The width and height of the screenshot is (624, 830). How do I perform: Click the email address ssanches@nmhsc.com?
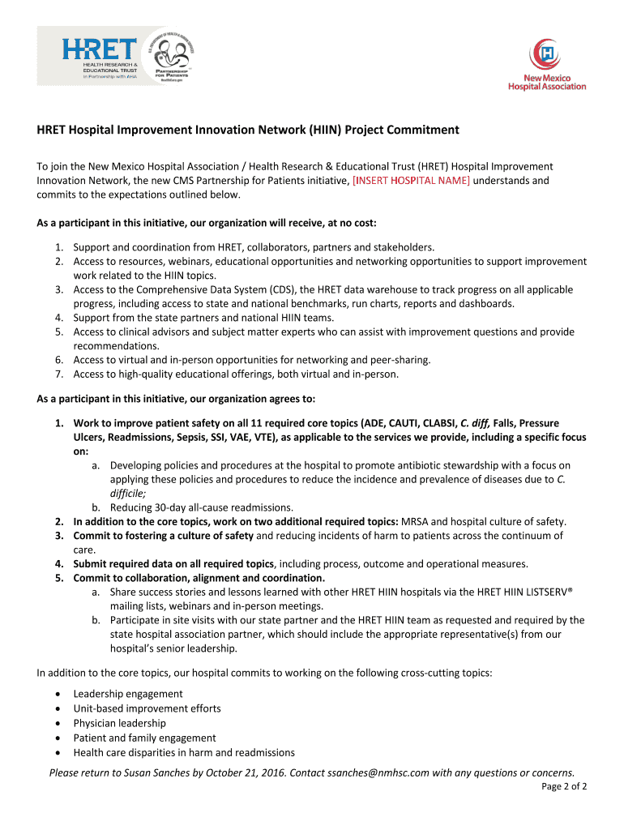pyautogui.click(x=378, y=772)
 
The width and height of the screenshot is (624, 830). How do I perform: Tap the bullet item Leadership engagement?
pyautogui.click(x=128, y=694)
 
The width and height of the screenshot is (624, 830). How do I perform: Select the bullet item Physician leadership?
pyautogui.click(x=120, y=723)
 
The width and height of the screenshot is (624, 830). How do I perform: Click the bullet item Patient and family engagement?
pyautogui.click(x=144, y=738)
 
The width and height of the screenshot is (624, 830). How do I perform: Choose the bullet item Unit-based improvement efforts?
pyautogui.click(x=147, y=708)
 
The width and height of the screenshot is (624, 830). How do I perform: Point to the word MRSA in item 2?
pyautogui.click(x=417, y=521)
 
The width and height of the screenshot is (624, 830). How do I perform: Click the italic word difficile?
pyautogui.click(x=128, y=493)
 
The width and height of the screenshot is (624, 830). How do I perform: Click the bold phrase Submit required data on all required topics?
pyautogui.click(x=174, y=563)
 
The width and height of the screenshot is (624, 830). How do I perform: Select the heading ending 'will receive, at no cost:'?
pyautogui.click(x=207, y=223)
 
